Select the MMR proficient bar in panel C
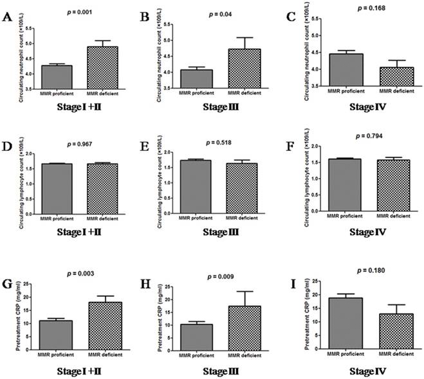[x=346, y=69]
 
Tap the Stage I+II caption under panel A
[x=82, y=105]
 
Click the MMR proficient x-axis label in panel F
[x=345, y=216]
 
